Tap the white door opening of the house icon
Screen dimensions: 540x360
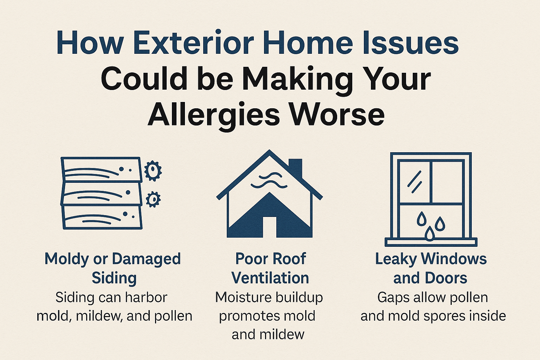click(x=270, y=227)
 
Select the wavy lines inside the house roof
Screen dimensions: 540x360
click(x=269, y=181)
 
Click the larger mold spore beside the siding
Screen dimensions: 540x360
click(x=153, y=171)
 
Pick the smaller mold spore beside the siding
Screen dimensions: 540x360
click(x=153, y=199)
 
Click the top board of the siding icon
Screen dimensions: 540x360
click(x=101, y=169)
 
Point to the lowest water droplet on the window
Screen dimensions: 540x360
click(x=429, y=233)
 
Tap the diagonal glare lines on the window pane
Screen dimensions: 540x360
click(x=414, y=181)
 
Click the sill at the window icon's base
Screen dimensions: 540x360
click(x=431, y=242)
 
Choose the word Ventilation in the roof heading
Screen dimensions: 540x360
click(x=270, y=278)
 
